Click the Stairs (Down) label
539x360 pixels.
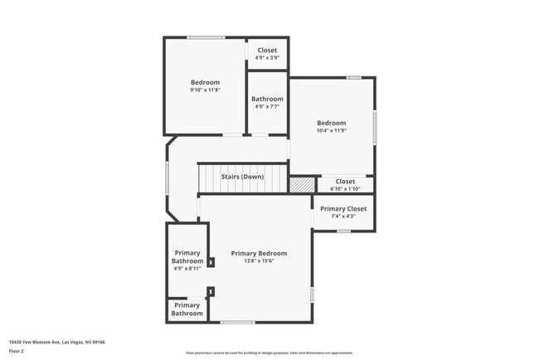tap(242, 177)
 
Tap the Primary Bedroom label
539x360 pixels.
tap(259, 253)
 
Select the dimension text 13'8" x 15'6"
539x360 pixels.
tap(259, 261)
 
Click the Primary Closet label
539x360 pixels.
tap(343, 209)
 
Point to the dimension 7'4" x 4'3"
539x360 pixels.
tap(343, 216)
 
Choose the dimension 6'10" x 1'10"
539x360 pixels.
tap(345, 188)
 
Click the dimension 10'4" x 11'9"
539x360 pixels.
tap(331, 130)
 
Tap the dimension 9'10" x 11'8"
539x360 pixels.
tap(205, 90)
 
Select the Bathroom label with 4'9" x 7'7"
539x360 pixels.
tap(267, 99)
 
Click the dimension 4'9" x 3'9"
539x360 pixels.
tap(267, 58)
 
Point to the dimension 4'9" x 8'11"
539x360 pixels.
tap(187, 268)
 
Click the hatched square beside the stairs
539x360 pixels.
tap(303, 184)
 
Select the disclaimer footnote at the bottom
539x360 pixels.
tap(269, 353)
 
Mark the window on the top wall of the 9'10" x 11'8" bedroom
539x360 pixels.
tap(205, 37)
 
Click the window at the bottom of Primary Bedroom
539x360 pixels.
tap(237, 323)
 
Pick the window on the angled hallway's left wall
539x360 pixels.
tap(167, 177)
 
